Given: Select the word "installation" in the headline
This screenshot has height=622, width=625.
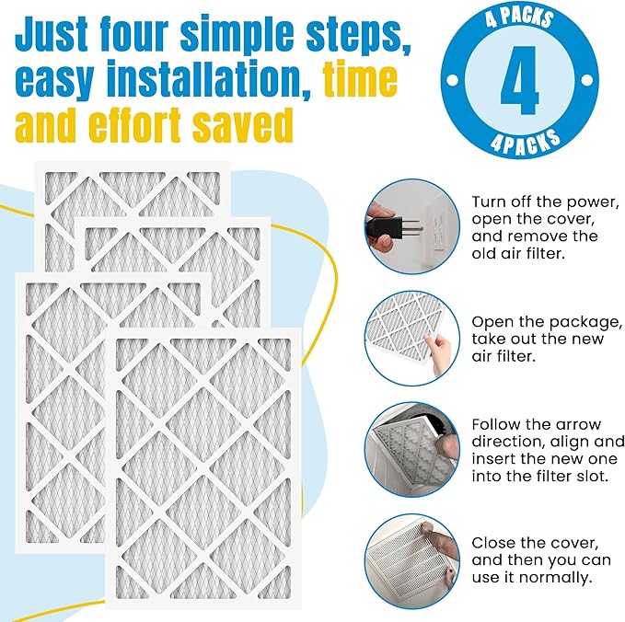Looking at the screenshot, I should [213, 81].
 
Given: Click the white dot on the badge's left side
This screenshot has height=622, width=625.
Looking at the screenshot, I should [457, 80].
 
